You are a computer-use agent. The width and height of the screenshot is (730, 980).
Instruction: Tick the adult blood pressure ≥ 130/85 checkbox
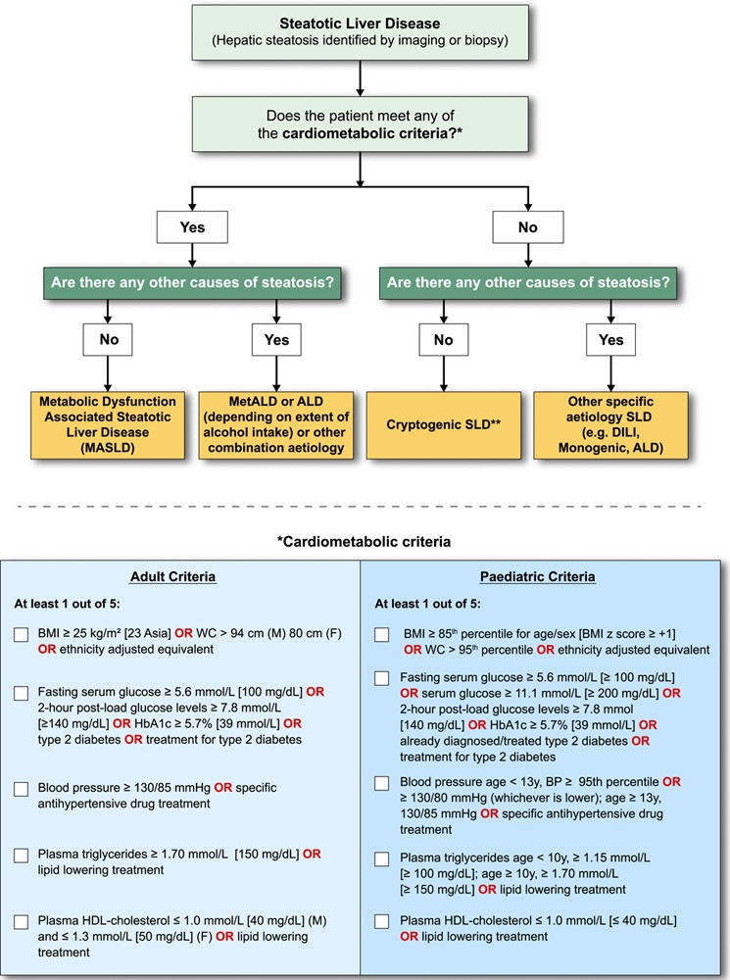pyautogui.click(x=22, y=790)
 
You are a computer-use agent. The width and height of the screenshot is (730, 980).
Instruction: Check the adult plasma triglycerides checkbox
pyautogui.click(x=22, y=856)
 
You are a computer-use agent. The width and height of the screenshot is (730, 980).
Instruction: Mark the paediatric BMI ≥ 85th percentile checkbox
pyautogui.click(x=383, y=637)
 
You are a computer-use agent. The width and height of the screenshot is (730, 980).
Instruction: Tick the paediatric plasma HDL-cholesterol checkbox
pyautogui.click(x=383, y=922)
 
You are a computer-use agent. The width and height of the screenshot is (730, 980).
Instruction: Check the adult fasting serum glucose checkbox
pyautogui.click(x=22, y=694)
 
